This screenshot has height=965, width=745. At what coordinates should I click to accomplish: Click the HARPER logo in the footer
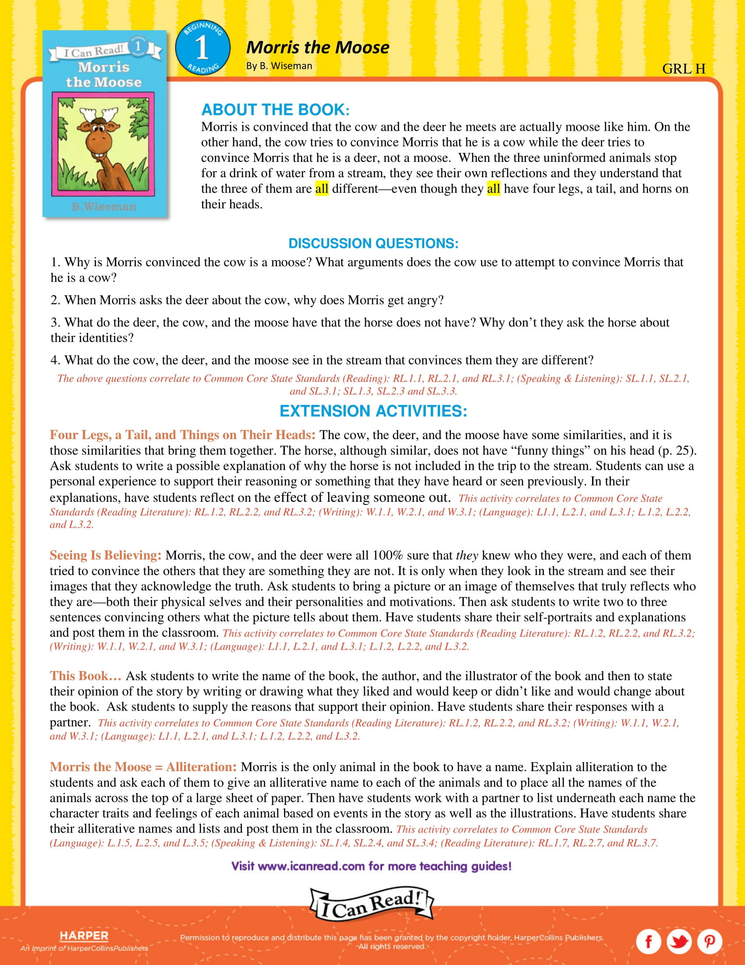84,936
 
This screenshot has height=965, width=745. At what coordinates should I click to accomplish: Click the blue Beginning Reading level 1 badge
202,48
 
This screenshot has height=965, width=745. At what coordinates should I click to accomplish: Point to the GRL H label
683,69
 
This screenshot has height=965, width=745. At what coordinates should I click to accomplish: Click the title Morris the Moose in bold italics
317,47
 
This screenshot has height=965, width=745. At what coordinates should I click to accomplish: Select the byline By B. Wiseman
279,66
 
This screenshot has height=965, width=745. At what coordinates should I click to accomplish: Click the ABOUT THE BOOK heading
275,110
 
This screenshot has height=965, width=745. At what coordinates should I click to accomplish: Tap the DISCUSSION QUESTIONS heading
373,243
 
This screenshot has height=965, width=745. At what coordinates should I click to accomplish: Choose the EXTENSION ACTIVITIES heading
373,411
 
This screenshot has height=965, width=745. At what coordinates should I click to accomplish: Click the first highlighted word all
321,189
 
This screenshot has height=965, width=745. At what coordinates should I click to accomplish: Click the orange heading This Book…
85,675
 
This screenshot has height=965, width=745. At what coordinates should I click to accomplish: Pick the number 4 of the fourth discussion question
54,360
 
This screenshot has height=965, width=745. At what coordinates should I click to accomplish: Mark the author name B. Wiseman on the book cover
104,206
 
